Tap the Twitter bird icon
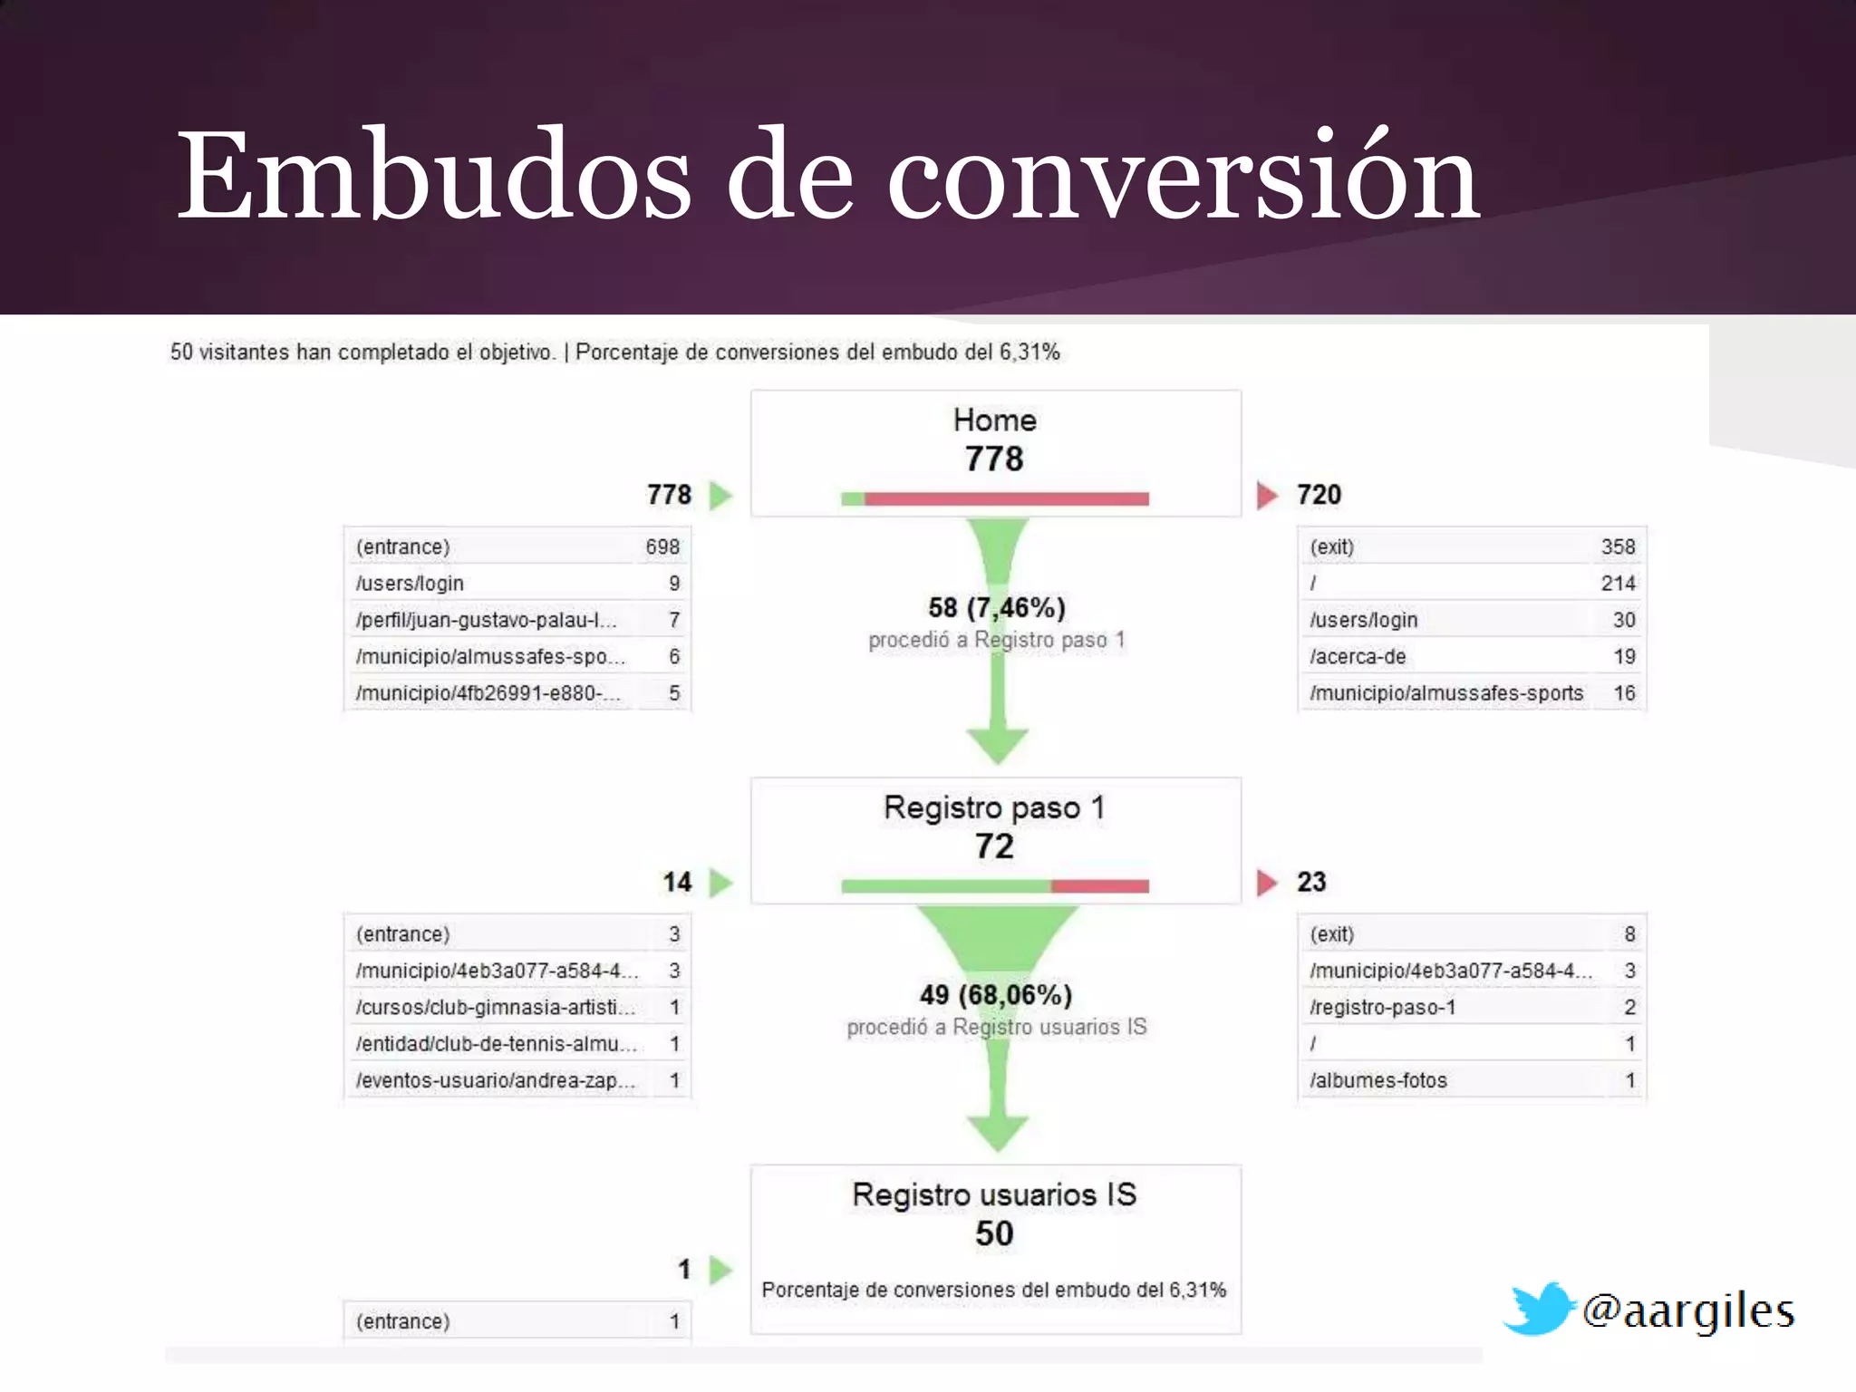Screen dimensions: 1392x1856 coord(1538,1309)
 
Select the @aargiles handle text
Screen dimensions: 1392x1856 coord(1687,1311)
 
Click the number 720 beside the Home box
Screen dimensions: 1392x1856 coord(1319,495)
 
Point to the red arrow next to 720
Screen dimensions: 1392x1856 coord(1267,496)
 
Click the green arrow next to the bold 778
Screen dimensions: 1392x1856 coord(720,496)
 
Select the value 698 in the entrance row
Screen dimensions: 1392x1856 coord(662,547)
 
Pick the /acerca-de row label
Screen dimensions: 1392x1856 coord(1358,657)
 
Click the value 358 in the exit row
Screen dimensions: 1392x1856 coord(1618,547)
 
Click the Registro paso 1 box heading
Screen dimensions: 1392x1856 coord(994,807)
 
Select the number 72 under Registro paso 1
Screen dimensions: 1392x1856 coord(994,846)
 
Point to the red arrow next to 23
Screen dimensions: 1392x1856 coord(1267,883)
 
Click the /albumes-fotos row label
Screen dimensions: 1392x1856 coord(1378,1081)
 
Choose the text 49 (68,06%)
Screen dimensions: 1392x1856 coord(996,995)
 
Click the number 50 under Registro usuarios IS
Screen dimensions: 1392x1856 coord(994,1234)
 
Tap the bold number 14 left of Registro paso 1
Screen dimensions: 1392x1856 coord(677,883)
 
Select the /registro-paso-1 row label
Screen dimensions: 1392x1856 coord(1383,1008)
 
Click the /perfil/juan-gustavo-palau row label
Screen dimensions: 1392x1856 coord(487,621)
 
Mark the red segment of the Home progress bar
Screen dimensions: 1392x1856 coord(1006,499)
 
